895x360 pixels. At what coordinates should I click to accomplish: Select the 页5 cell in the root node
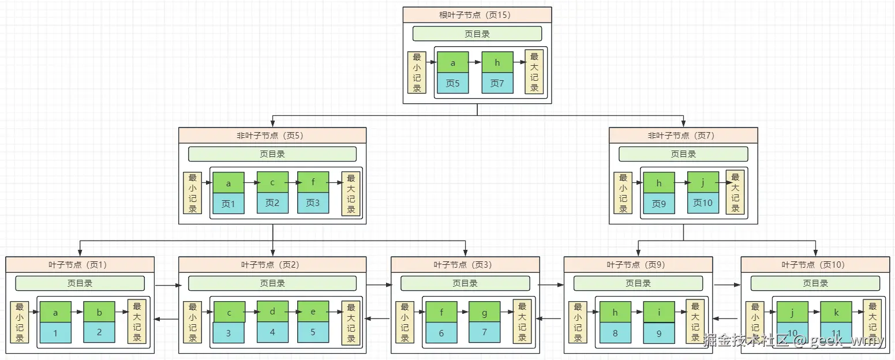tap(453, 83)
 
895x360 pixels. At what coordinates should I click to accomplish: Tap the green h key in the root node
tap(497, 62)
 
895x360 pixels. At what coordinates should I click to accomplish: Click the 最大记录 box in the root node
tap(534, 72)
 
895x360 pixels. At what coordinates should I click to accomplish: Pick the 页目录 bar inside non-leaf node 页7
tap(683, 154)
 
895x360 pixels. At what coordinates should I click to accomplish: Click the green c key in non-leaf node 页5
tap(272, 182)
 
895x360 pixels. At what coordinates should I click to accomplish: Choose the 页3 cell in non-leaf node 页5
tap(313, 203)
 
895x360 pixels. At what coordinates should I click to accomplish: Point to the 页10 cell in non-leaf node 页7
tap(703, 203)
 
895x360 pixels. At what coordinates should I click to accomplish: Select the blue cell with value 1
tap(55, 333)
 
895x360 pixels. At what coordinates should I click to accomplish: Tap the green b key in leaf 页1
tap(99, 312)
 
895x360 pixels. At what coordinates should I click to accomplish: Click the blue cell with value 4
tap(272, 332)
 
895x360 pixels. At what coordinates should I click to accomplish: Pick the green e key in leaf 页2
tap(313, 312)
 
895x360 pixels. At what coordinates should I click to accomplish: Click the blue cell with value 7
tap(484, 332)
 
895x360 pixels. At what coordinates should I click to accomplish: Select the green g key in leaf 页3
tap(484, 312)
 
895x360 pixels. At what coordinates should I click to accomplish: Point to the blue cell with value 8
tap(615, 333)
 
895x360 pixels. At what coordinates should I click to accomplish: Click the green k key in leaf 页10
tap(836, 312)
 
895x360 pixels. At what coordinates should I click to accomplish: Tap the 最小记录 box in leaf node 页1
tap(20, 322)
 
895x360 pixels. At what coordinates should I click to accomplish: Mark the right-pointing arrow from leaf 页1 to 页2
tap(168, 285)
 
